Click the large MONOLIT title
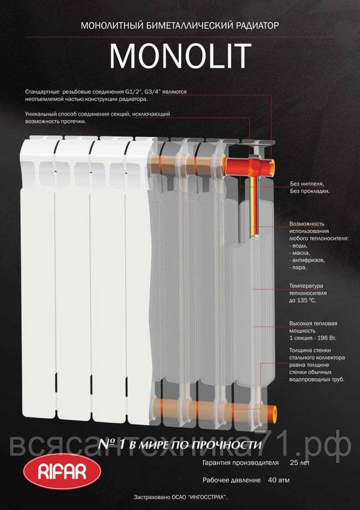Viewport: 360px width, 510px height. point(180,56)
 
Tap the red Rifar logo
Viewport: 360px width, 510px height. point(62,471)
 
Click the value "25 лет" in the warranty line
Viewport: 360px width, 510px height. point(300,463)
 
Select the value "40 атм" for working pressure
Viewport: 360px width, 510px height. point(279,480)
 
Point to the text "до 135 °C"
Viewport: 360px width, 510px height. point(302,301)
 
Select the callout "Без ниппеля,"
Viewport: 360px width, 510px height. point(307,184)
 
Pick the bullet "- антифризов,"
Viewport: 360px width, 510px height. point(307,260)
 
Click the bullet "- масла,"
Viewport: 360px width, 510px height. point(300,253)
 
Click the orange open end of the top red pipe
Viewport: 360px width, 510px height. point(272,166)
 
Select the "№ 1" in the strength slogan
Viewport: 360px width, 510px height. point(112,444)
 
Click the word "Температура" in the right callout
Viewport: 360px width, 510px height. point(306,286)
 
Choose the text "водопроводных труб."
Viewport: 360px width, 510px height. point(317,379)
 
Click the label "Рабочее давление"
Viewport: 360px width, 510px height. point(232,480)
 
